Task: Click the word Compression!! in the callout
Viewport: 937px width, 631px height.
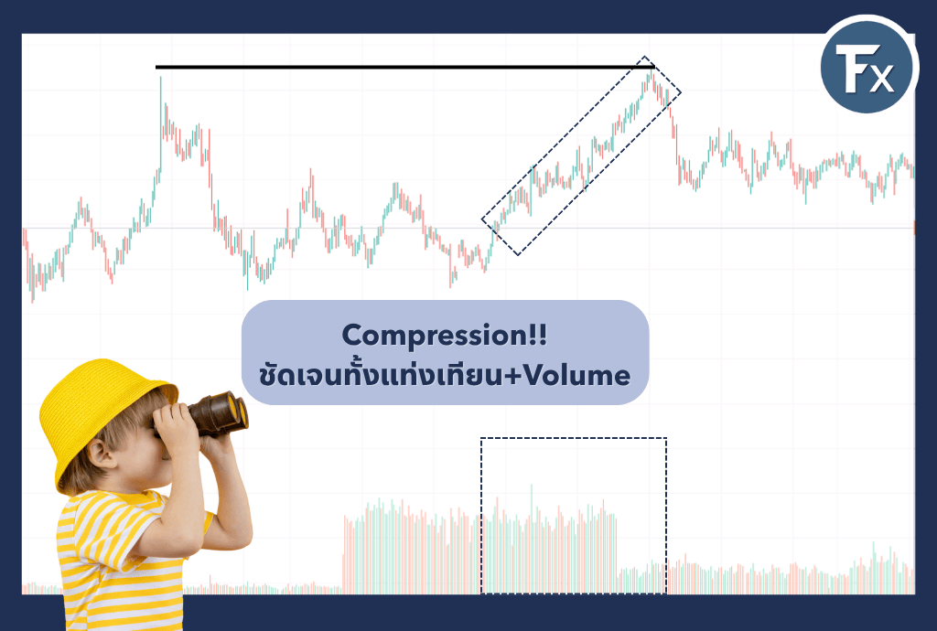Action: tap(444, 337)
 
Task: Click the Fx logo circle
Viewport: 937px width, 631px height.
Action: tap(867, 66)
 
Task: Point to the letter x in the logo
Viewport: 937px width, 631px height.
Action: tap(881, 79)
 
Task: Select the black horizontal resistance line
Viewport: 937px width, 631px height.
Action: tap(405, 67)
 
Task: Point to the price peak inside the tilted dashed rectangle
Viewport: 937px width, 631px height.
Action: tap(651, 73)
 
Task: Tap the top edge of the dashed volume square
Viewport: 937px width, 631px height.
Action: tap(573, 438)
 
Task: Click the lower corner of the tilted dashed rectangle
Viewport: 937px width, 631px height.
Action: tap(518, 255)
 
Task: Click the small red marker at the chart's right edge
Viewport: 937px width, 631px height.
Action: tap(914, 228)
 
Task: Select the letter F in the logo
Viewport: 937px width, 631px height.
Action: tap(852, 68)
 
